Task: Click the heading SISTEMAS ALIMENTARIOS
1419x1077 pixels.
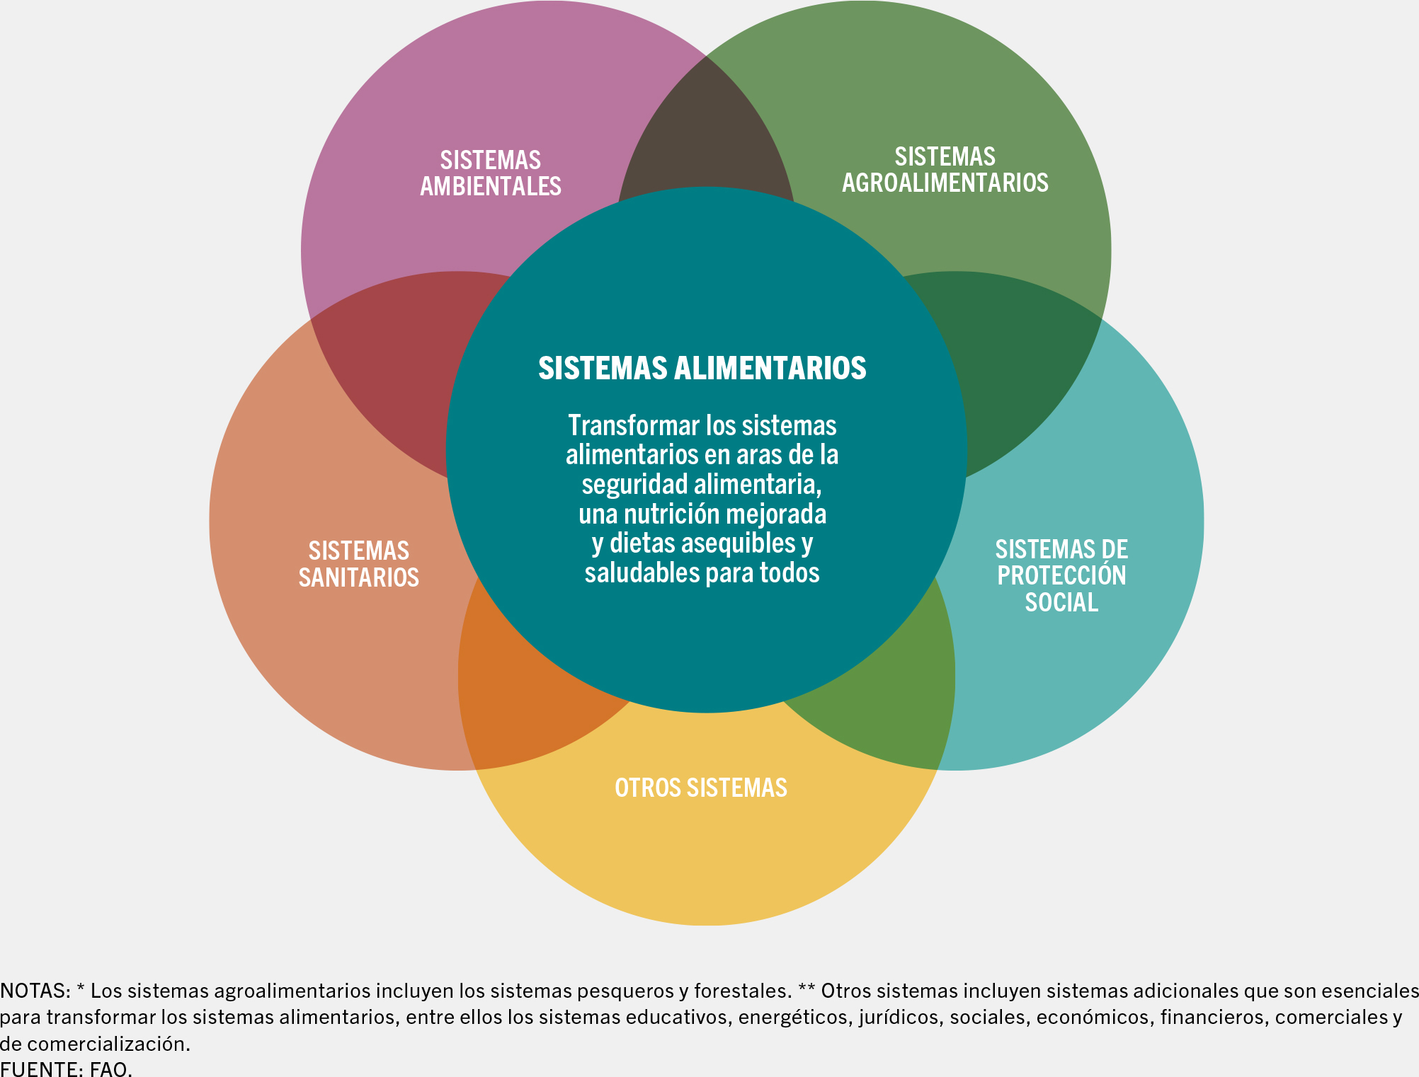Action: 702,368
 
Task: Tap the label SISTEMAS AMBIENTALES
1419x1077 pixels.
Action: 491,173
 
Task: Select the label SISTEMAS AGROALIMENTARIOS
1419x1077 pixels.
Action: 945,170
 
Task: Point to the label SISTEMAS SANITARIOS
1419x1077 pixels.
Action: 358,564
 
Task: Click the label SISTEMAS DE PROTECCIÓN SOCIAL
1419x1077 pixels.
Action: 1061,575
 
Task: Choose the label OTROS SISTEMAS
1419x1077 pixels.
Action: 700,788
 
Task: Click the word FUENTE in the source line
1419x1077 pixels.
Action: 40,1069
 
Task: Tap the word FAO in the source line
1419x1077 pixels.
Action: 110,1069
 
